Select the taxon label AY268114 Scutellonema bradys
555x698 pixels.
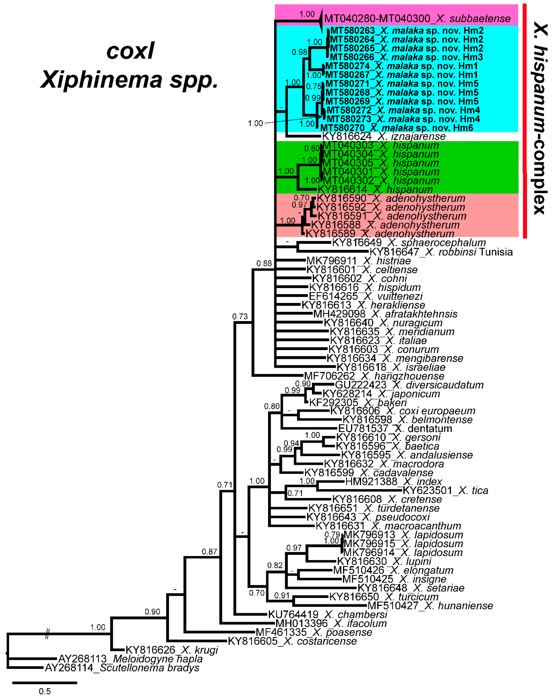pos(122,668)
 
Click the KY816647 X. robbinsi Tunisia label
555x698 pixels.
pos(441,252)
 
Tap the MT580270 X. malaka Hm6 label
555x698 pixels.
pos(397,128)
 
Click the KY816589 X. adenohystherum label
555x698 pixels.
pos(380,233)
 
